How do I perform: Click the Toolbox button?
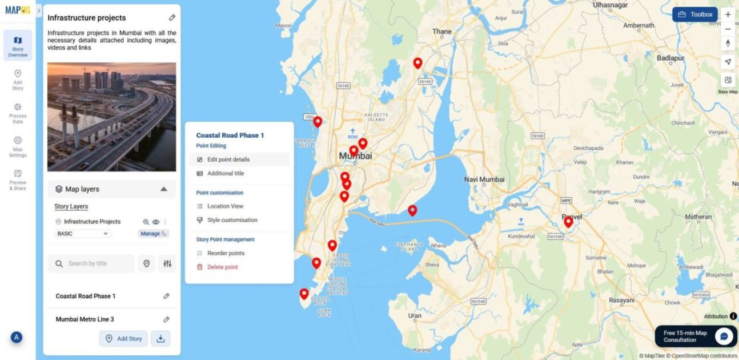click(694, 14)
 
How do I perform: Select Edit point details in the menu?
click(228, 159)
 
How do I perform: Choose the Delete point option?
click(222, 267)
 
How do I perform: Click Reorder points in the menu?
click(226, 253)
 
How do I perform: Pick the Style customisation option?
click(232, 220)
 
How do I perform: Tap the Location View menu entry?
click(225, 206)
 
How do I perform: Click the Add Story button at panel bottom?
click(123, 338)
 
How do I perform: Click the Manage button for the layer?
click(153, 234)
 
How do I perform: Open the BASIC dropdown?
click(83, 234)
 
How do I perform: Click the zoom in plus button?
click(728, 14)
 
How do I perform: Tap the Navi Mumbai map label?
click(484, 179)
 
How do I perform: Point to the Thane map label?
click(441, 31)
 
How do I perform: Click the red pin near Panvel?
click(568, 222)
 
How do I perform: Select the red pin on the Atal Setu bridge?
click(412, 210)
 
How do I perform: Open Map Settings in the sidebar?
click(18, 146)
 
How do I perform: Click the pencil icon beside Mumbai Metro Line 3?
click(166, 319)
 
